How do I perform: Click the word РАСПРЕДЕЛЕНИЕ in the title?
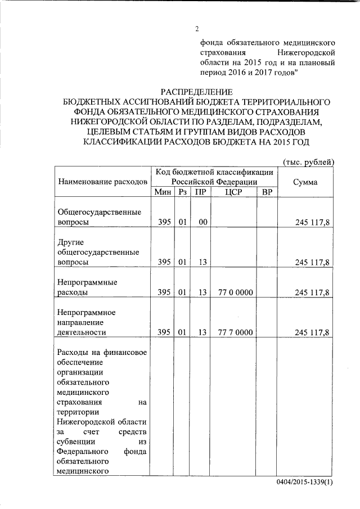(x=196, y=92)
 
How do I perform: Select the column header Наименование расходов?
(x=102, y=182)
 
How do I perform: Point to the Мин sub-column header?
(x=163, y=192)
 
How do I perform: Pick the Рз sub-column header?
(x=182, y=192)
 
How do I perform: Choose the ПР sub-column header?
(x=200, y=192)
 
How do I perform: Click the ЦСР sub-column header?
(x=233, y=192)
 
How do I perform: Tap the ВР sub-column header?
(x=268, y=192)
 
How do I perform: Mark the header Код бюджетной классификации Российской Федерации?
(x=215, y=177)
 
